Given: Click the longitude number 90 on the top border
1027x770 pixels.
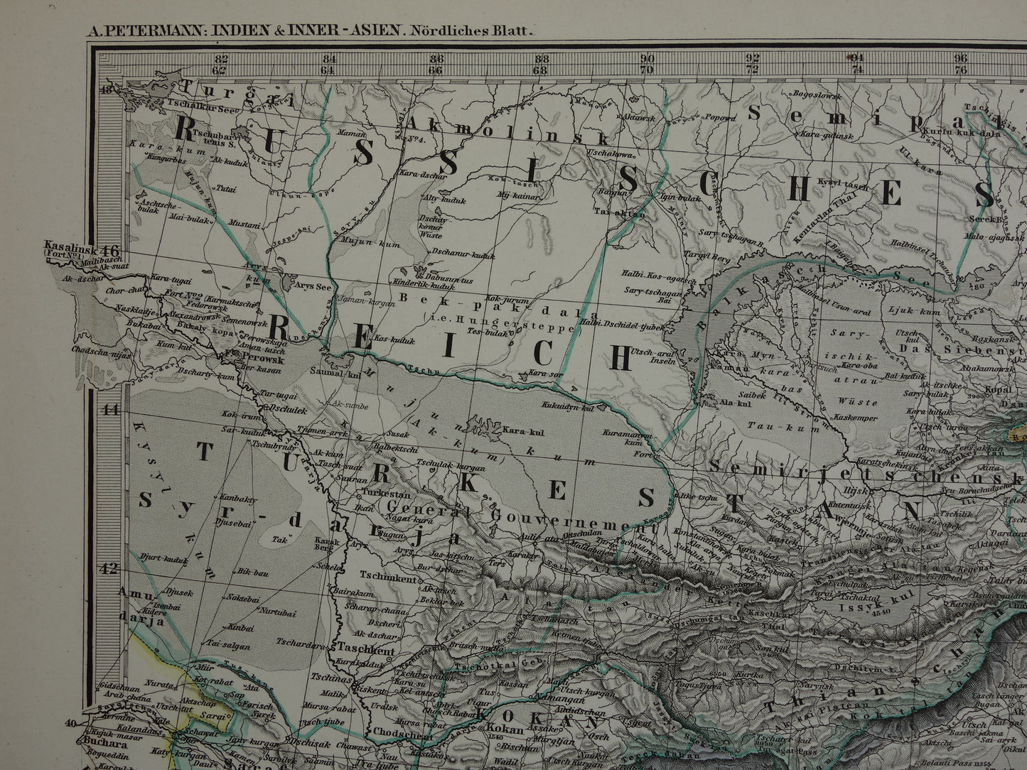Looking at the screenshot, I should click(647, 59).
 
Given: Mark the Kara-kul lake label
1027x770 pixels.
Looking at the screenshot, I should click(518, 430).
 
